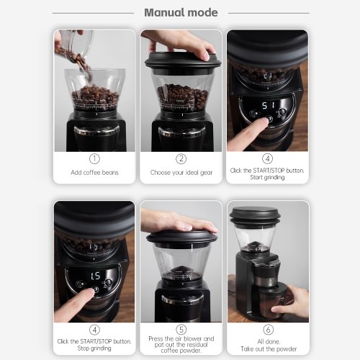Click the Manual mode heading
181,13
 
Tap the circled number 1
94,158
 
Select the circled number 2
181,158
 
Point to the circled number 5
181,330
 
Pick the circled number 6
268,330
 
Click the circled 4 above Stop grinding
94,330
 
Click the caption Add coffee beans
94,173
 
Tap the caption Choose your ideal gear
181,173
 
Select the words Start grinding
267,177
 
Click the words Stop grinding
94,348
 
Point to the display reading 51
268,105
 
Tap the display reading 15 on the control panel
95,276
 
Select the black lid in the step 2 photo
182,61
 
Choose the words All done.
269,341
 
